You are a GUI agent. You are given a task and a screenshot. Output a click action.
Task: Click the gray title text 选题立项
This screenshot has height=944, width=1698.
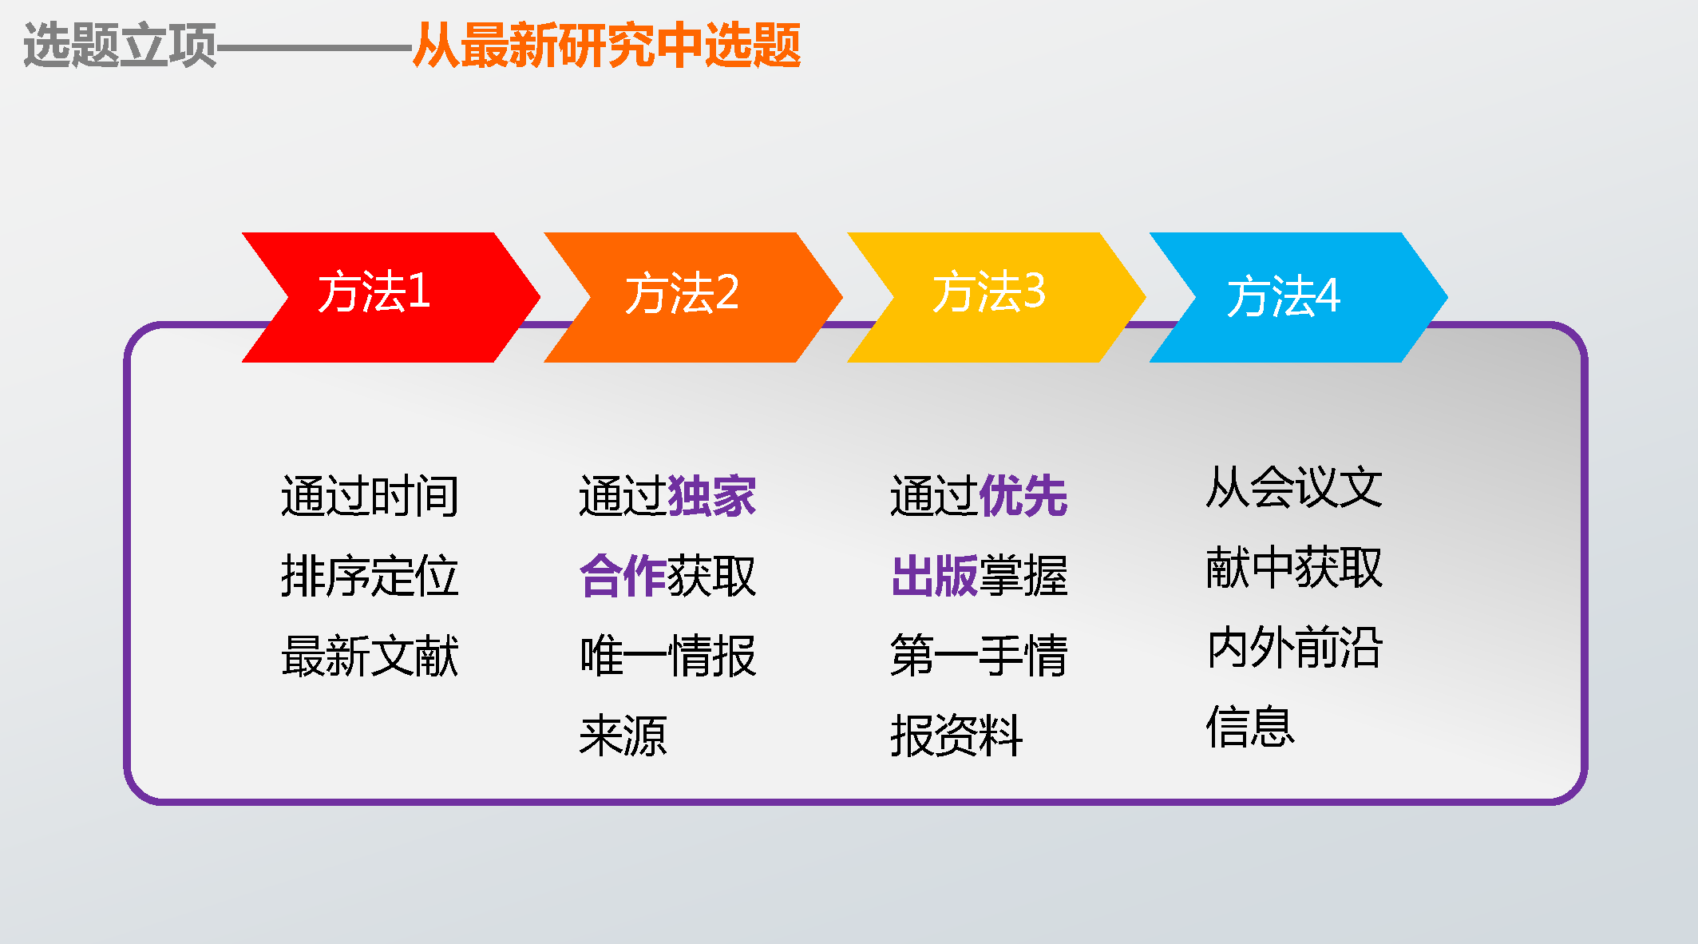[x=121, y=45]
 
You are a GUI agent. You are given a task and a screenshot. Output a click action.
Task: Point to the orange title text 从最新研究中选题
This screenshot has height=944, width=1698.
[x=607, y=45]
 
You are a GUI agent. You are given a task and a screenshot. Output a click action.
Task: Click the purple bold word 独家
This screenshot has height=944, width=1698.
[x=712, y=496]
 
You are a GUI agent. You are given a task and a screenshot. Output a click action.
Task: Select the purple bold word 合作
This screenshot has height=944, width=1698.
[x=623, y=576]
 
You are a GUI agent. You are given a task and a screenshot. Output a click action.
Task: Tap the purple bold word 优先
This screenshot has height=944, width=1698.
[x=1023, y=496]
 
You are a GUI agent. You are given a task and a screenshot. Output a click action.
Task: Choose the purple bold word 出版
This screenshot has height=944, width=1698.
[x=935, y=576]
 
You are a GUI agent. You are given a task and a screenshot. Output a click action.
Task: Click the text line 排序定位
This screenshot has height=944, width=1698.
[x=370, y=576]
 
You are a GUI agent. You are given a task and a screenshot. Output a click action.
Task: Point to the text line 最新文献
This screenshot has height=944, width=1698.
[x=370, y=656]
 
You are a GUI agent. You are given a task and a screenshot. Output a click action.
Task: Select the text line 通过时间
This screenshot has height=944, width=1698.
[x=370, y=496]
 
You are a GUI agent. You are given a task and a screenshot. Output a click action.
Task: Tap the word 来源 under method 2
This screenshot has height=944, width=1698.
[x=623, y=736]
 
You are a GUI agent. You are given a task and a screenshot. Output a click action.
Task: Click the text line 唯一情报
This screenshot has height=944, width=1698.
[x=668, y=656]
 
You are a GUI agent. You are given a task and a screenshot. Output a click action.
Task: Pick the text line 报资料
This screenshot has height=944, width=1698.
[x=956, y=736]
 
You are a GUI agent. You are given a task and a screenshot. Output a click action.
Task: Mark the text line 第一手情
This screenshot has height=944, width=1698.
[x=980, y=656]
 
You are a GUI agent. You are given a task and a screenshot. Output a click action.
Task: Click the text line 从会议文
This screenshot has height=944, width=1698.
[x=1294, y=487]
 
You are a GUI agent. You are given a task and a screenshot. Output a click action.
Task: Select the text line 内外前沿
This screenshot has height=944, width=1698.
[x=1294, y=647]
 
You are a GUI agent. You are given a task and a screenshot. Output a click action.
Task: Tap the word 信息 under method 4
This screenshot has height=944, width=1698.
[x=1250, y=727]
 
